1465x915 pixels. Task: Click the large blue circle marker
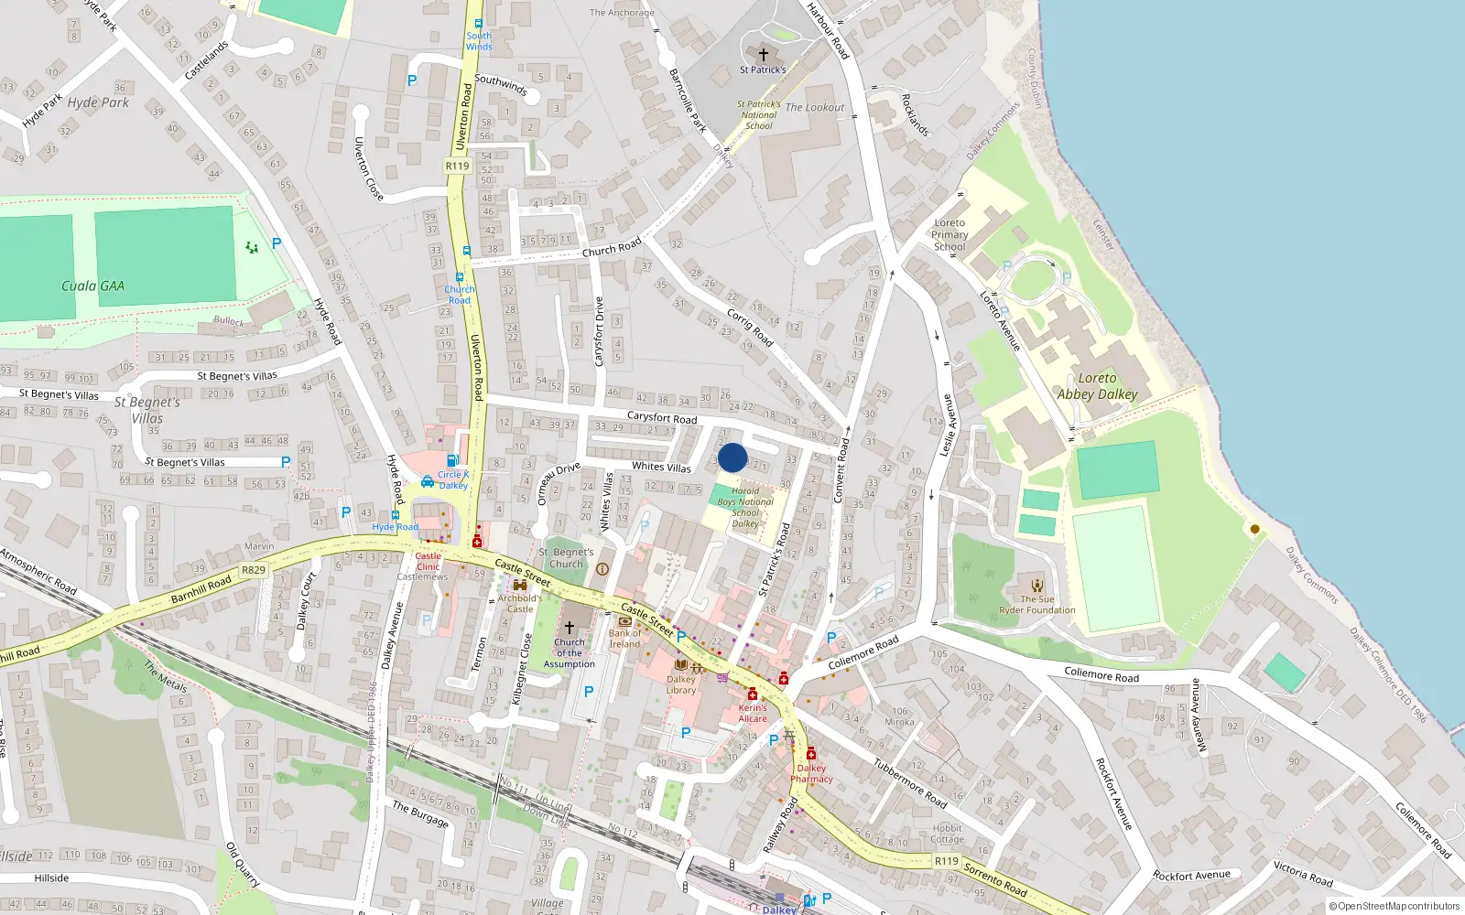pyautogui.click(x=732, y=457)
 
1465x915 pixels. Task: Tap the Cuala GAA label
pyautogui.click(x=92, y=286)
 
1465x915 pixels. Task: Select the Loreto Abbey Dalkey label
pyautogui.click(x=1097, y=386)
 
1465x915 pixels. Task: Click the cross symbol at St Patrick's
pyautogui.click(x=763, y=54)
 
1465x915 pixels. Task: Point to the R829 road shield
pyautogui.click(x=254, y=570)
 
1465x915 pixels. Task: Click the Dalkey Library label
pyautogui.click(x=680, y=684)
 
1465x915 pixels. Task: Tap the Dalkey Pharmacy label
pyautogui.click(x=811, y=773)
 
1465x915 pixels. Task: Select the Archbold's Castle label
pyautogui.click(x=520, y=603)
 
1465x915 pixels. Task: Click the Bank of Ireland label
pyautogui.click(x=625, y=639)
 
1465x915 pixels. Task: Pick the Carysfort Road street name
pyautogui.click(x=662, y=417)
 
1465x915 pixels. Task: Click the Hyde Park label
pyautogui.click(x=98, y=102)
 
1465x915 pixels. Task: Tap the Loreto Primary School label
pyautogui.click(x=950, y=234)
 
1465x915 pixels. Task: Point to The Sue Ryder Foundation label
pyautogui.click(x=1037, y=605)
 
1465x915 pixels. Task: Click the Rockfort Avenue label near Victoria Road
pyautogui.click(x=1191, y=876)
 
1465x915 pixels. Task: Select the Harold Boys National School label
pyautogui.click(x=745, y=507)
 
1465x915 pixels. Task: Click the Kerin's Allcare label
pyautogui.click(x=753, y=713)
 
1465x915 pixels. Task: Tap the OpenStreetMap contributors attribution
pyautogui.click(x=1394, y=906)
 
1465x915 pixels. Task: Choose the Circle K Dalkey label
pyautogui.click(x=452, y=479)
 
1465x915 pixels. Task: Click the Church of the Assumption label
pyautogui.click(x=569, y=653)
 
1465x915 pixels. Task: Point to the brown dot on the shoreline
pyautogui.click(x=1254, y=529)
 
